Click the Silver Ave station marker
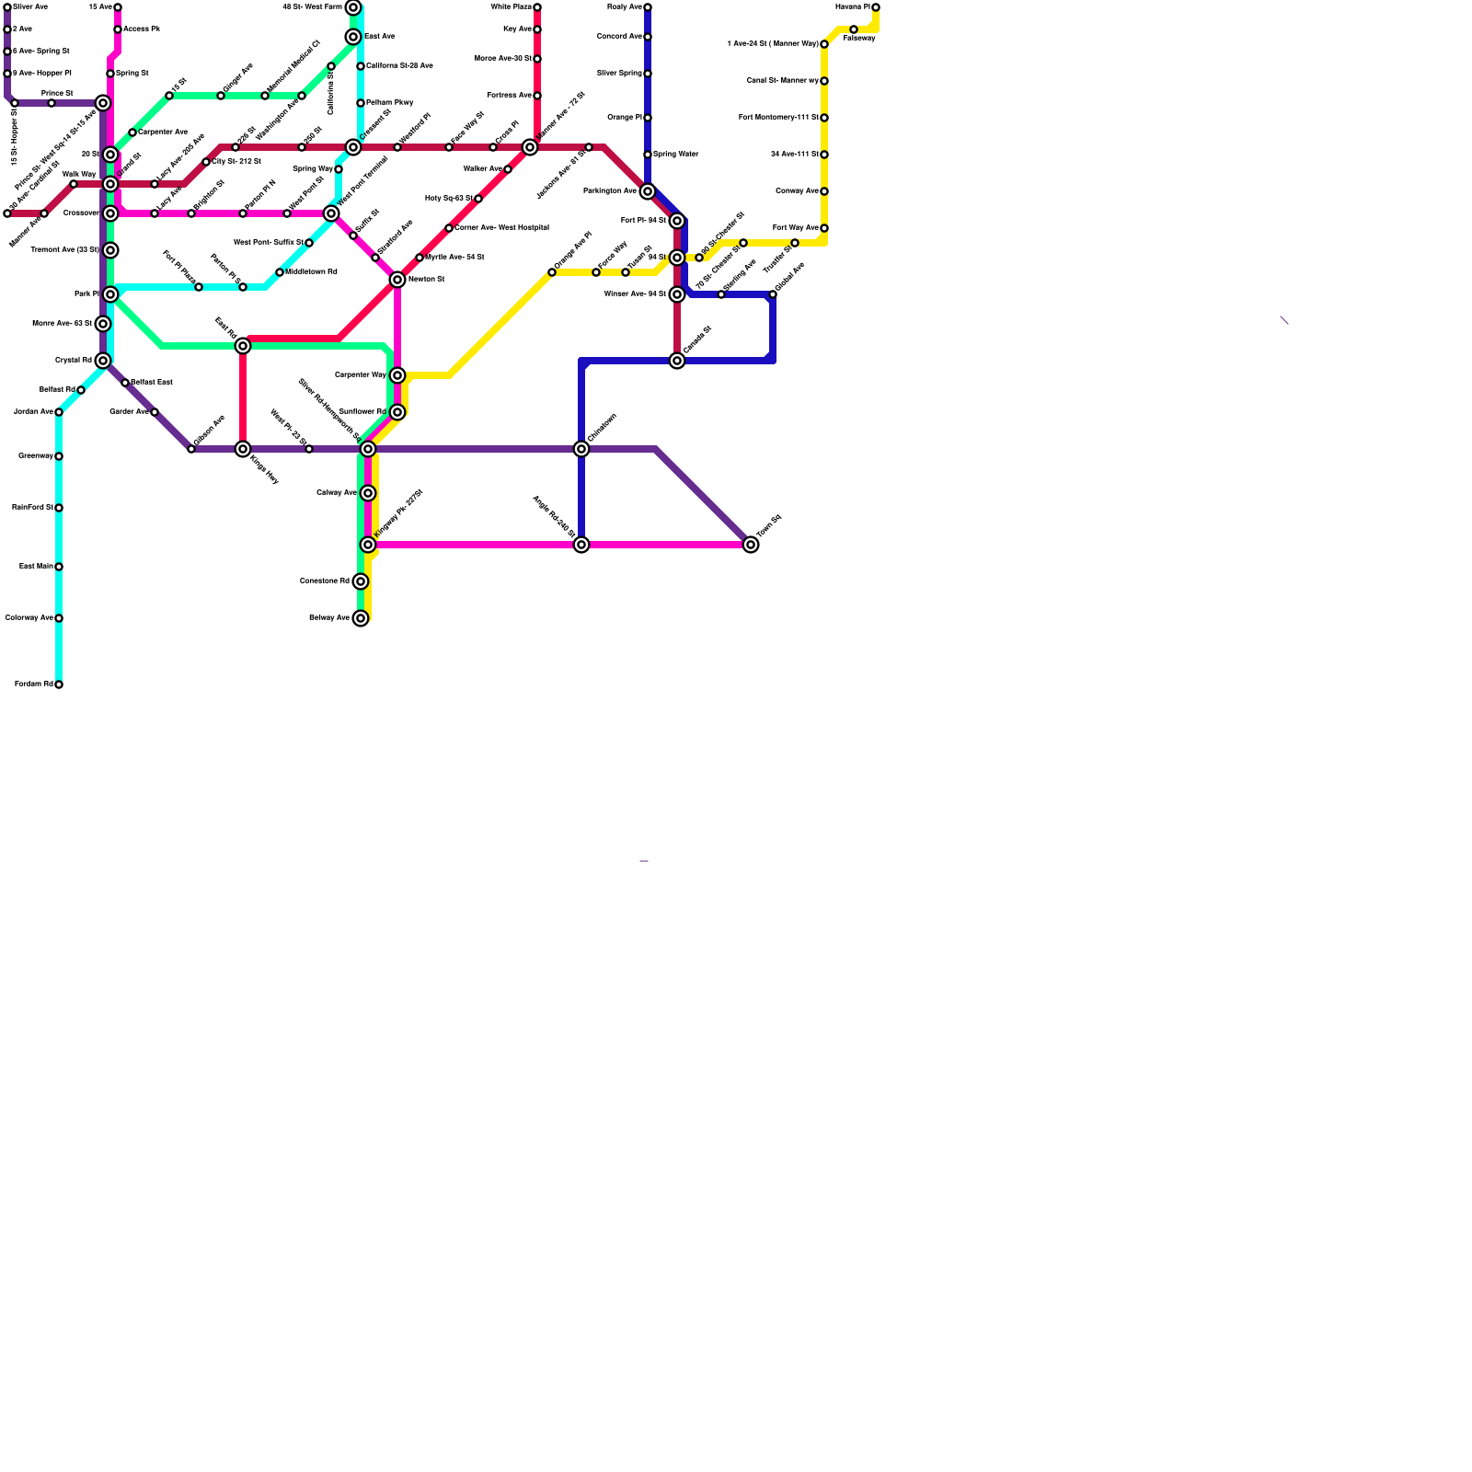(x=7, y=7)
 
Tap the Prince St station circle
(x=52, y=103)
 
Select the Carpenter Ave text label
(x=163, y=132)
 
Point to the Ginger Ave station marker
(x=221, y=96)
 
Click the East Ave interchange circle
(x=353, y=37)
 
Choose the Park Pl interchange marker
(x=110, y=294)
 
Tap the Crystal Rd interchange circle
(x=103, y=361)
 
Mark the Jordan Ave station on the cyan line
(x=59, y=412)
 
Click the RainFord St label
(x=32, y=508)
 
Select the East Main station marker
(x=59, y=567)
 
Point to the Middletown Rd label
(x=311, y=272)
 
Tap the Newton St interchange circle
(x=397, y=280)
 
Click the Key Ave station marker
(x=537, y=29)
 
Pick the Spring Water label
(x=676, y=155)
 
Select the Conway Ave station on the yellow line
(x=824, y=191)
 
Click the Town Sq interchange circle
(x=751, y=545)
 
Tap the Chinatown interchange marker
(x=581, y=449)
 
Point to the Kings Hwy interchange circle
(x=243, y=449)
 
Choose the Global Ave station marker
(x=773, y=294)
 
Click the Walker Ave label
(x=482, y=169)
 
